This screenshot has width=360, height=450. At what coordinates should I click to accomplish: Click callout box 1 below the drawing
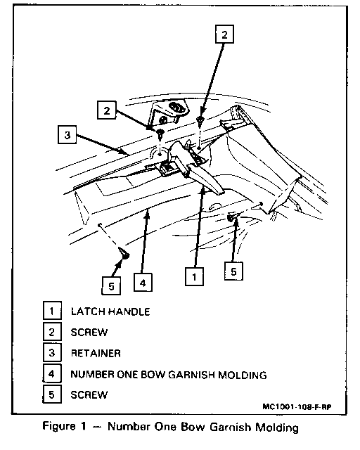[194, 276]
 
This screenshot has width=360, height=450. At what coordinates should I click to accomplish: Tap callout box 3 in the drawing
[67, 134]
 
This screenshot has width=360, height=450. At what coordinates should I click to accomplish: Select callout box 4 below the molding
[143, 283]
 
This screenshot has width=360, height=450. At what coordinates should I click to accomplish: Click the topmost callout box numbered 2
[224, 34]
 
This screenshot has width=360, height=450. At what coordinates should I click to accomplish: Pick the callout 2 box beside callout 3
[106, 110]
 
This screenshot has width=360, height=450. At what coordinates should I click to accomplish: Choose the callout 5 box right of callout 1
[233, 271]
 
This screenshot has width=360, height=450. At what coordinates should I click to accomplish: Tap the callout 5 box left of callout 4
[111, 286]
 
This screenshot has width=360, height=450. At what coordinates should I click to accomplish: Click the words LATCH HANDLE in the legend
[110, 311]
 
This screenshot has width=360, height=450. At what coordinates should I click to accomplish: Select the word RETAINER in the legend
[96, 353]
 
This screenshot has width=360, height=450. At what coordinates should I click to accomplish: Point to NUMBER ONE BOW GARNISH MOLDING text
[169, 375]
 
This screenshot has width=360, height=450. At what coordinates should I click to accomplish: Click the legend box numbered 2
[52, 332]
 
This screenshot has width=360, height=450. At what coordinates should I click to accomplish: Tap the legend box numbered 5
[52, 394]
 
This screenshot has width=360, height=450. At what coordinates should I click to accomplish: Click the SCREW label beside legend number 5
[89, 395]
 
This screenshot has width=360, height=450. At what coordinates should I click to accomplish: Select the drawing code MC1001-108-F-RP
[297, 407]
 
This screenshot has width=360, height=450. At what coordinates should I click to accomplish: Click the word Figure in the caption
[59, 426]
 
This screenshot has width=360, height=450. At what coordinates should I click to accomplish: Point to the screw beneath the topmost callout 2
[200, 120]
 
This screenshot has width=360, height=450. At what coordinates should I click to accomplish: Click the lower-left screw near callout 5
[124, 254]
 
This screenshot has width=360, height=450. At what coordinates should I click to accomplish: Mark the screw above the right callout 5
[230, 218]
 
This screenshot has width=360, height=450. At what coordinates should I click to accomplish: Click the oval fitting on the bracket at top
[176, 108]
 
